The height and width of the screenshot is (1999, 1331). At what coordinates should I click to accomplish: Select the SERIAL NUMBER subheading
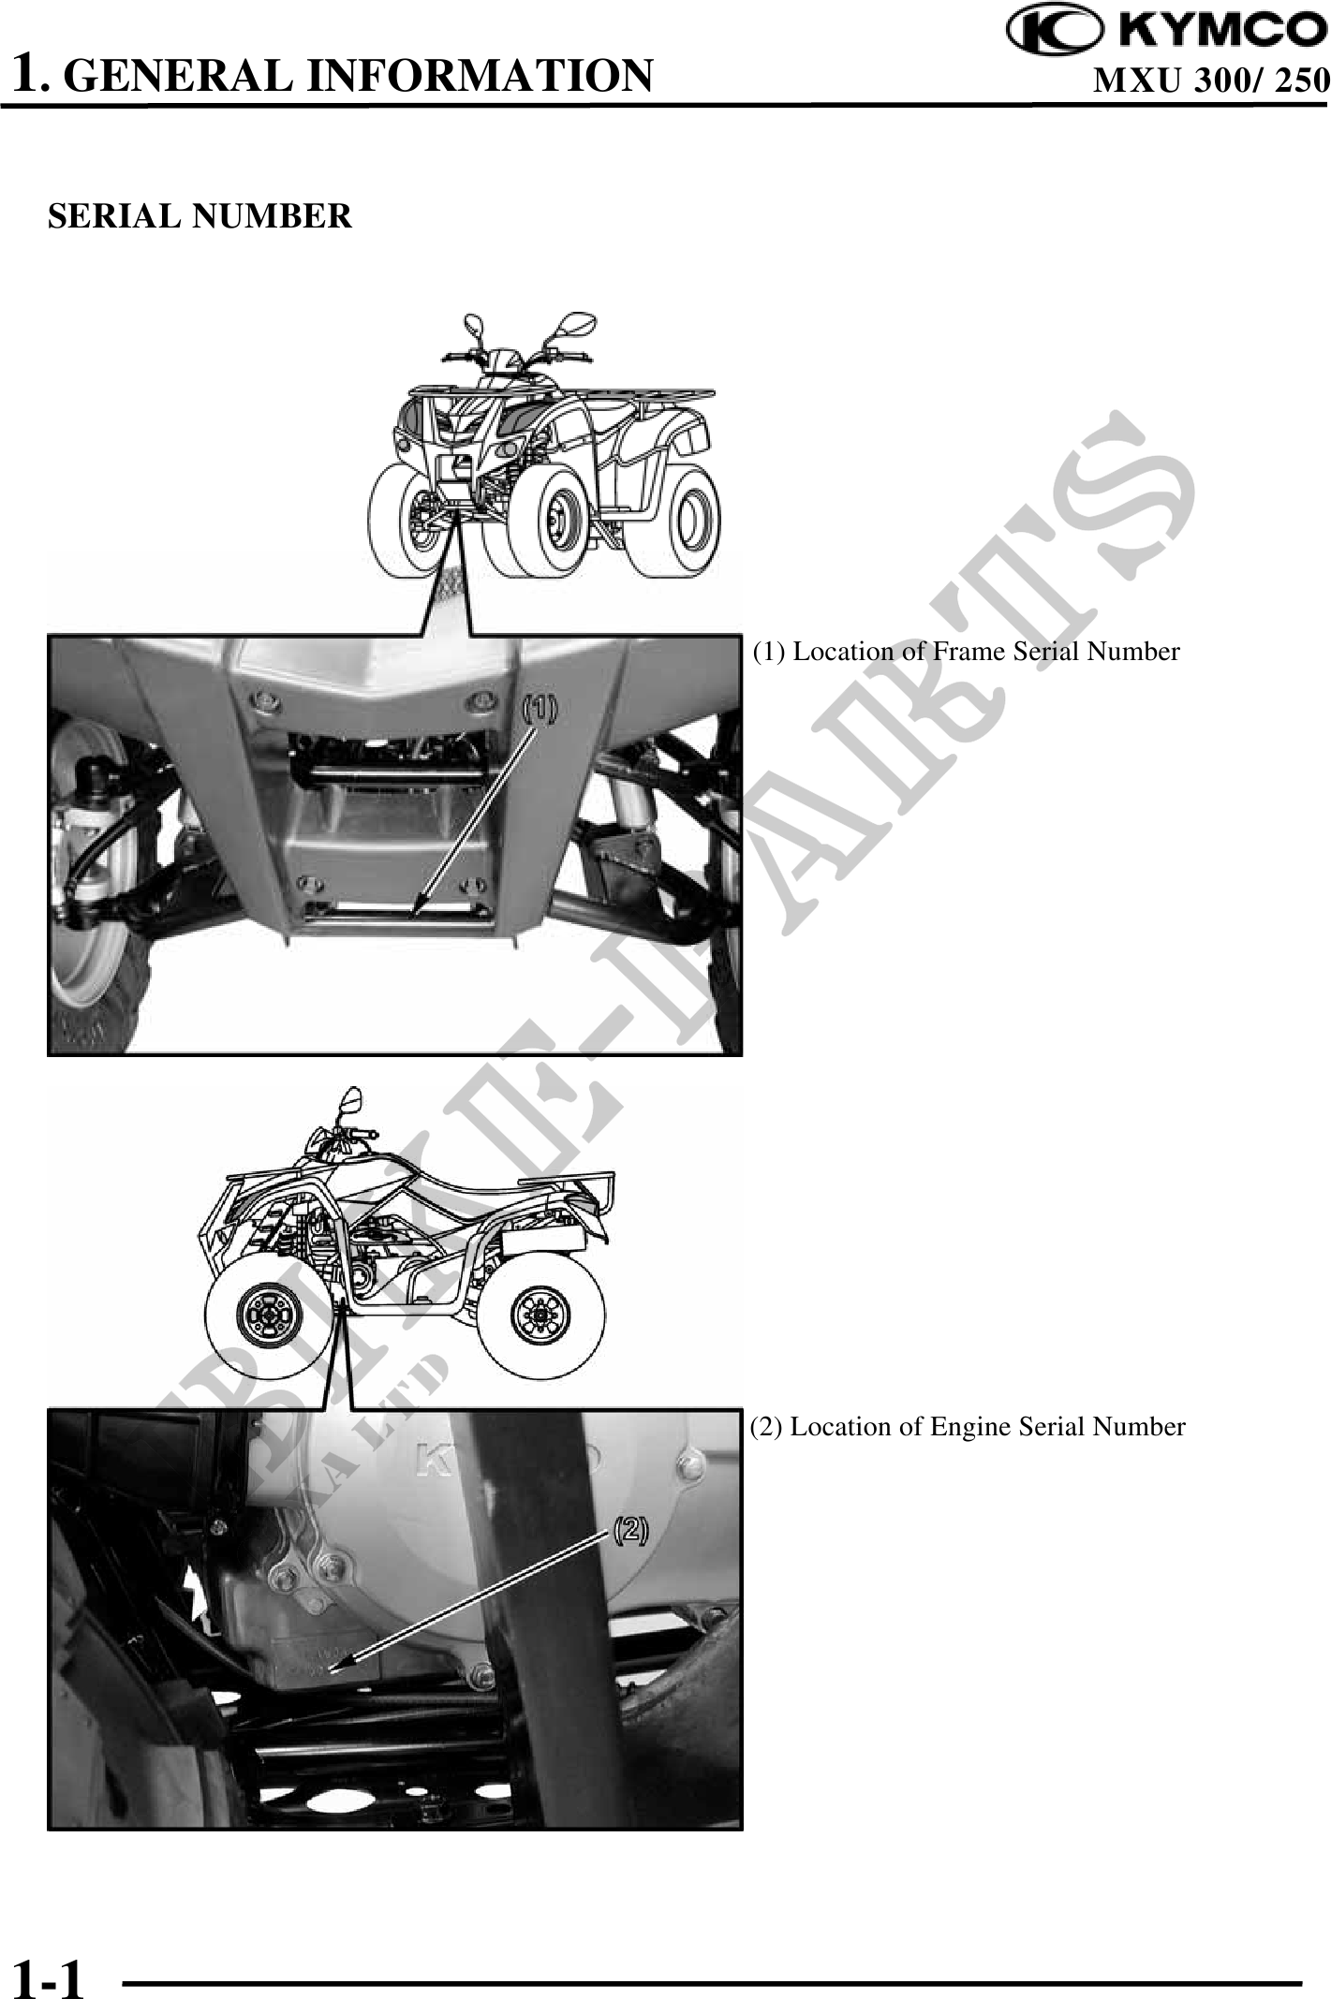click(200, 216)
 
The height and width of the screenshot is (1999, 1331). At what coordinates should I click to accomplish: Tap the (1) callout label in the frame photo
click(539, 710)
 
